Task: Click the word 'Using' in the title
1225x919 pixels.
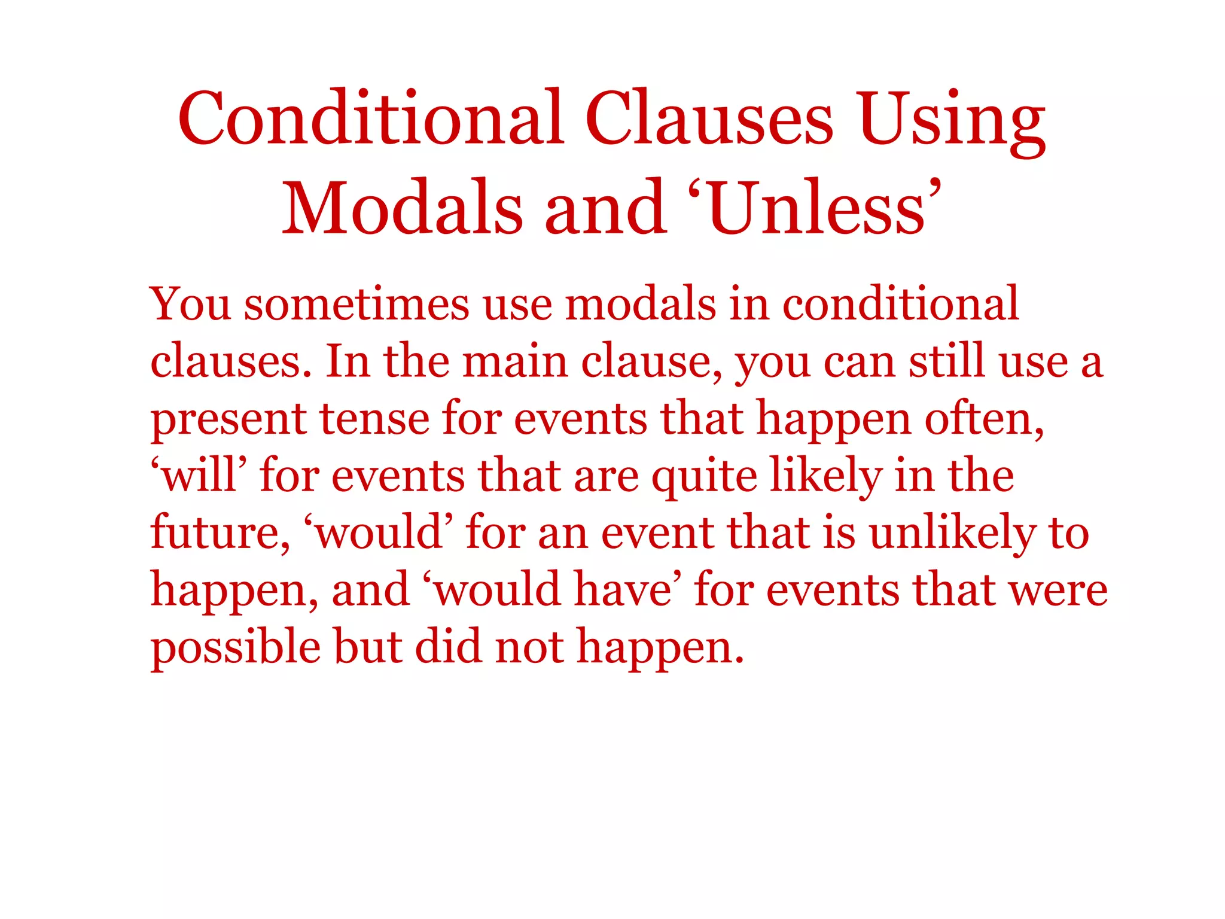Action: pos(952,120)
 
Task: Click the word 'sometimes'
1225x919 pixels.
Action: pos(356,305)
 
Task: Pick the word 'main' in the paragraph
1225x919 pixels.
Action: pos(515,362)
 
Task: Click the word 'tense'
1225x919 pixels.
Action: pos(374,418)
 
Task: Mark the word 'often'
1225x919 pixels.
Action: pos(984,418)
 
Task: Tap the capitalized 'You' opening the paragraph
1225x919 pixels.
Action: pos(190,305)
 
